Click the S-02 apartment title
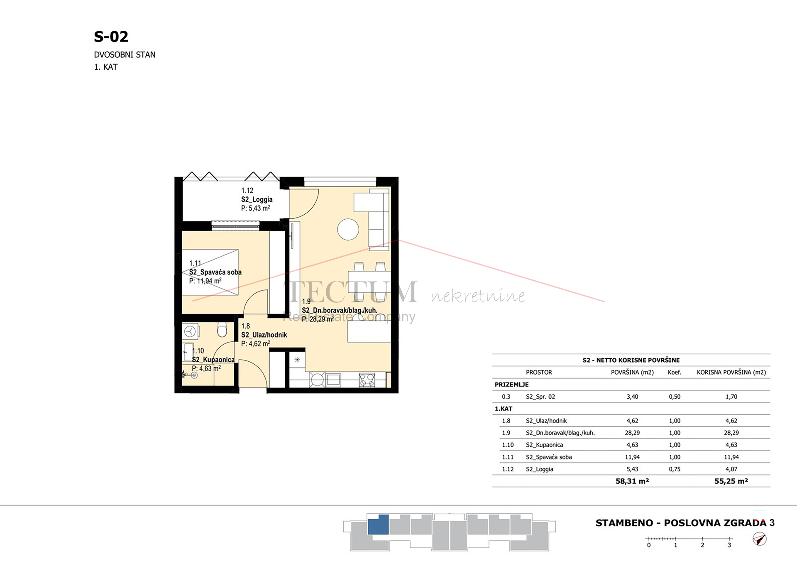pyautogui.click(x=111, y=37)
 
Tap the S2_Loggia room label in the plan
pyautogui.click(x=257, y=199)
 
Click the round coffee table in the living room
pyautogui.click(x=348, y=229)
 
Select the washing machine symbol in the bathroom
pyautogui.click(x=190, y=332)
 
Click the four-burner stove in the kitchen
pyautogui.click(x=367, y=380)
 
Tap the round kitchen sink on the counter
pyautogui.click(x=318, y=380)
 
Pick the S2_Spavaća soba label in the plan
pyautogui.click(x=215, y=272)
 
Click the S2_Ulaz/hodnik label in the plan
pyautogui.click(x=264, y=335)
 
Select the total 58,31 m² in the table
pyautogui.click(x=632, y=481)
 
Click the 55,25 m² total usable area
pyautogui.click(x=731, y=481)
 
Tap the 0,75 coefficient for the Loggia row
pyautogui.click(x=675, y=469)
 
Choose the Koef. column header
pyautogui.click(x=675, y=372)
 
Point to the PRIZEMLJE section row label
pyautogui.click(x=511, y=385)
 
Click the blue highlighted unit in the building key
pyautogui.click(x=378, y=525)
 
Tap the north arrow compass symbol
pyautogui.click(x=759, y=539)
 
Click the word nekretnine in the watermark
pyautogui.click(x=478, y=295)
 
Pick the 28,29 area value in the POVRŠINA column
pyautogui.click(x=632, y=433)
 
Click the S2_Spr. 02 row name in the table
pyautogui.click(x=540, y=397)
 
